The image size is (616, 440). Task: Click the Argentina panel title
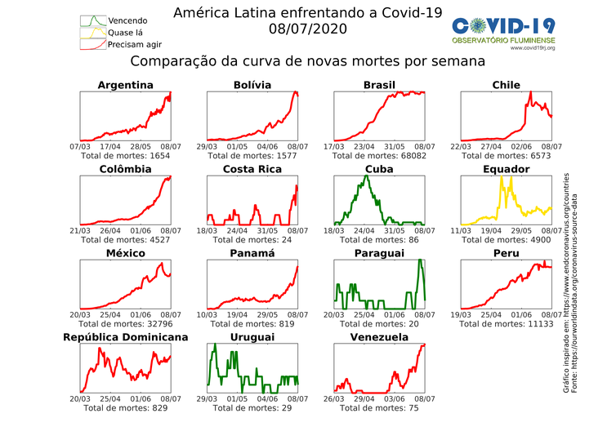tap(125, 85)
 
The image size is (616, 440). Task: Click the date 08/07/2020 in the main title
tap(307, 29)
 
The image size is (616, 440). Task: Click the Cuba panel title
tap(379, 169)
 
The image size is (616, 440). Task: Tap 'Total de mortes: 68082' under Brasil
tap(379, 155)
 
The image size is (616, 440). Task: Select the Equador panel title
tap(506, 169)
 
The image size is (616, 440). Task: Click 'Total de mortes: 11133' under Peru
tap(506, 323)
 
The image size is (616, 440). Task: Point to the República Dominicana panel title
tap(126, 337)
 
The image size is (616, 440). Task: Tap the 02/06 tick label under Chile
tap(521, 146)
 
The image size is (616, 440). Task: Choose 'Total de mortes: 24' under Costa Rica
tap(252, 239)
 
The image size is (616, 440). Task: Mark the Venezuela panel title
tap(379, 337)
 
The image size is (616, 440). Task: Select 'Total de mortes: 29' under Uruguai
tap(252, 407)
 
